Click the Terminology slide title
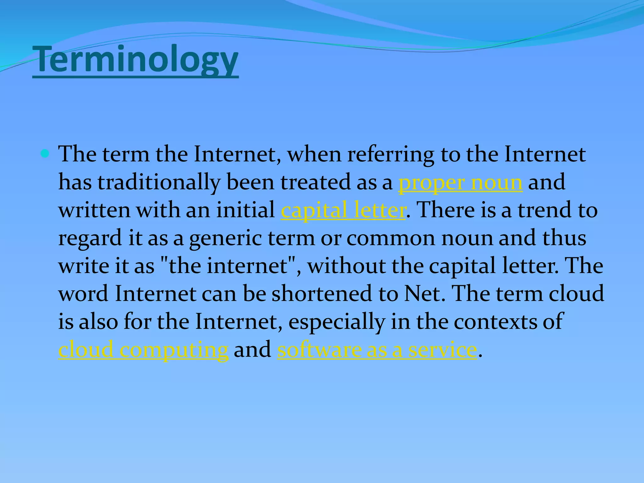coord(135,60)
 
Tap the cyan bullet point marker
coord(45,154)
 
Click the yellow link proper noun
coord(460,182)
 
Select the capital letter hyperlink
coord(343,210)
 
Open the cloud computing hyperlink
coord(143,350)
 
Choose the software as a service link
coord(377,350)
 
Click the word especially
coord(336,322)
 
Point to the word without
coord(346,266)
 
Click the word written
coord(94,210)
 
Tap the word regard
coord(90,238)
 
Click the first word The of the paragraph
coord(77,154)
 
